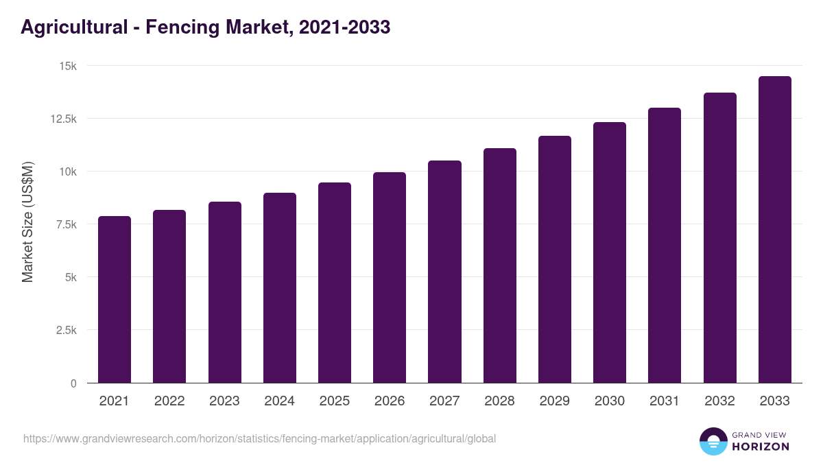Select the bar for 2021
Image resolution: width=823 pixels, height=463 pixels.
click(115, 300)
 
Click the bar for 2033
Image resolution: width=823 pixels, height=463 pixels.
click(774, 230)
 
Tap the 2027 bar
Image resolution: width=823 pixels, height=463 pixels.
click(444, 272)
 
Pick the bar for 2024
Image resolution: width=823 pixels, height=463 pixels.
click(280, 288)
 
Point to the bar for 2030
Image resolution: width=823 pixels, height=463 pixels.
click(610, 252)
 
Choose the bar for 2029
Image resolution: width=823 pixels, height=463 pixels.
click(555, 259)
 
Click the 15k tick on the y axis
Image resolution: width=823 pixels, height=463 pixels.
click(67, 66)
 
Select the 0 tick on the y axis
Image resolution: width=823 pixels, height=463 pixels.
click(73, 383)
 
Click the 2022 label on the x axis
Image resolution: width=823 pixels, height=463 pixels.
click(169, 401)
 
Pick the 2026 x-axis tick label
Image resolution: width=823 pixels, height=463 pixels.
click(390, 401)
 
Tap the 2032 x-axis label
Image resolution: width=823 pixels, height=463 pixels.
click(719, 401)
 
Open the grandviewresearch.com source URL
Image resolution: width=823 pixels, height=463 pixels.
click(259, 438)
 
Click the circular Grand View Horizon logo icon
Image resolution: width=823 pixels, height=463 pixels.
click(713, 441)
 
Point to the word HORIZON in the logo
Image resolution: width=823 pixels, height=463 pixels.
click(761, 447)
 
